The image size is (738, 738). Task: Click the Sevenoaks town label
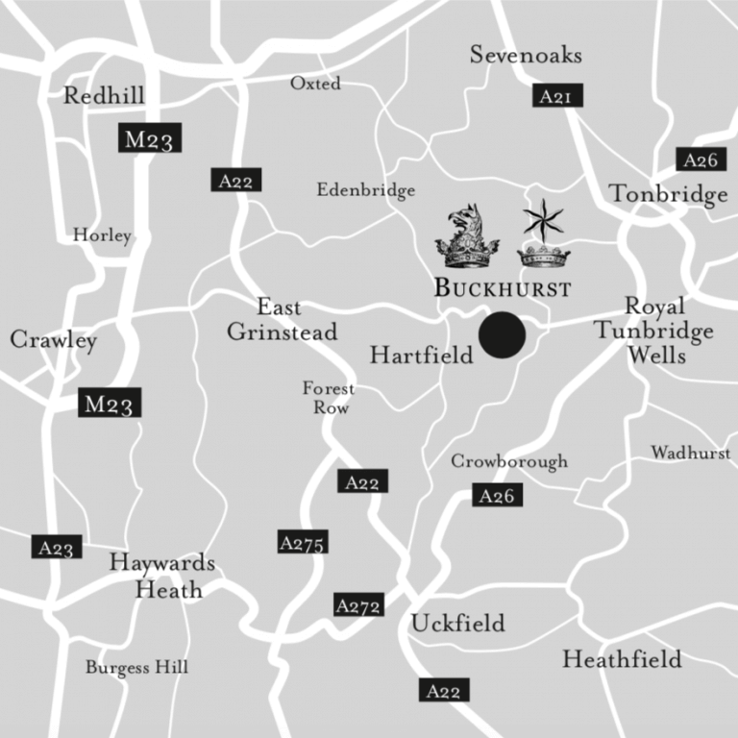pyautogui.click(x=526, y=55)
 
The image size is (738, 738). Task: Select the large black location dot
pyautogui.click(x=502, y=335)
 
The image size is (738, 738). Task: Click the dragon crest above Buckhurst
pyautogui.click(x=468, y=236)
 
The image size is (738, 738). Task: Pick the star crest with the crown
pyautogui.click(x=544, y=234)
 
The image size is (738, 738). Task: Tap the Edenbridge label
pyautogui.click(x=366, y=190)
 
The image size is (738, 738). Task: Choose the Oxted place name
pyautogui.click(x=315, y=84)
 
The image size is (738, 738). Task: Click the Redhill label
pyautogui.click(x=104, y=95)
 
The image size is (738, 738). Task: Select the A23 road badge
pyautogui.click(x=56, y=548)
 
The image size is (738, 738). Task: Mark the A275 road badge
pyautogui.click(x=303, y=542)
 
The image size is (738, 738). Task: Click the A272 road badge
pyautogui.click(x=359, y=605)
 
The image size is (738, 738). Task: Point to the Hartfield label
pyautogui.click(x=422, y=357)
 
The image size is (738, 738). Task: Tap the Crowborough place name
pyautogui.click(x=509, y=462)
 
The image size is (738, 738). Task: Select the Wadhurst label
pyautogui.click(x=690, y=452)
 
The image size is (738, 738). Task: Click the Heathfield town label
pyautogui.click(x=622, y=660)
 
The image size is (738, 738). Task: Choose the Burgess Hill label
pyautogui.click(x=136, y=667)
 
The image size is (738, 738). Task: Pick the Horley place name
pyautogui.click(x=102, y=235)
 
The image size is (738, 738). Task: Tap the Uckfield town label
pyautogui.click(x=457, y=624)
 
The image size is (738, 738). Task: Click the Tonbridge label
pyautogui.click(x=669, y=195)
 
